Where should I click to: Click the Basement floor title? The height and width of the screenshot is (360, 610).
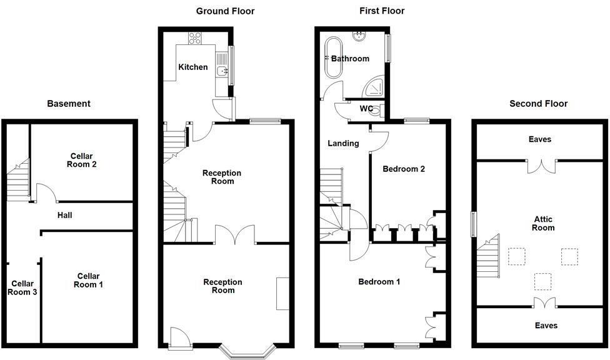(69, 104)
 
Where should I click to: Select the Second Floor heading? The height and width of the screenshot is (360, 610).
(538, 104)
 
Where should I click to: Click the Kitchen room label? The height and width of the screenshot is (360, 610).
(193, 67)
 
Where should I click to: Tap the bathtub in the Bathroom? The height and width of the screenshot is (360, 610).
(332, 58)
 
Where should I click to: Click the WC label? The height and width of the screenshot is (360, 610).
(367, 109)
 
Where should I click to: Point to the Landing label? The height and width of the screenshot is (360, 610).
(343, 143)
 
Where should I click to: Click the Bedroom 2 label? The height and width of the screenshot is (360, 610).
(404, 169)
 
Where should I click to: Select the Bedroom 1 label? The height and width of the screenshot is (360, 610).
(379, 282)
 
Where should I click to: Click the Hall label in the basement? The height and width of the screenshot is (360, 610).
(64, 216)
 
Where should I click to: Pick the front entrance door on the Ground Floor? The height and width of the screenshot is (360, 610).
(179, 339)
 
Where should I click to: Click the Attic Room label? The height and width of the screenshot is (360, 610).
(543, 224)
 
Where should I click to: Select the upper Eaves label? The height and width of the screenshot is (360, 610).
(539, 139)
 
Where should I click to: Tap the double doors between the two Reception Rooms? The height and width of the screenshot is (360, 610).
(236, 235)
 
